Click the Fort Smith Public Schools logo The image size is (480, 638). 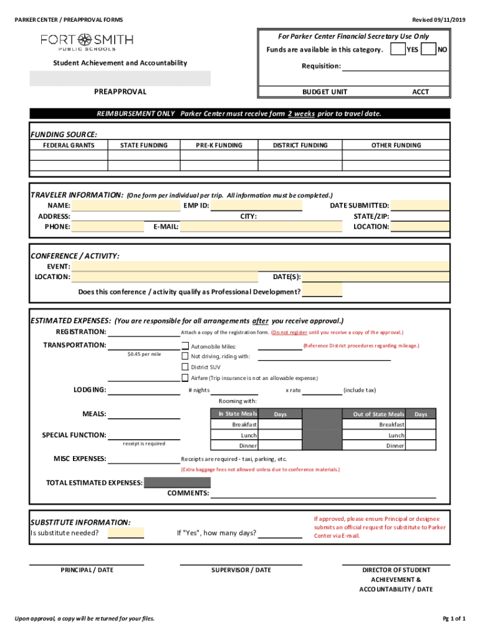87,42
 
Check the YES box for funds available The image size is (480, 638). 397,49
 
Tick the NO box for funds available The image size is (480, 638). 428,49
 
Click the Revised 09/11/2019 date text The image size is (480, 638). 439,20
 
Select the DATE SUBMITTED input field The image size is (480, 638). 420,206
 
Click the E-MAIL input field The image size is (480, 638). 261,227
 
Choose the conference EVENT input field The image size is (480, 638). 260,267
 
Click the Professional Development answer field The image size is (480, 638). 322,292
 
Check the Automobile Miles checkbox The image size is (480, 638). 185,346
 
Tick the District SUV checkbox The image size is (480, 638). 185,367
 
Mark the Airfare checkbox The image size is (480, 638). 185,378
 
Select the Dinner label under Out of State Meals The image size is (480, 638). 395,446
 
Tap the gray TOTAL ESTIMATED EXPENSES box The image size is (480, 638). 177,482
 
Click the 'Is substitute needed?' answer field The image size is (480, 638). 125,533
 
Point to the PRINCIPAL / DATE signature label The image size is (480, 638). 87,569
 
